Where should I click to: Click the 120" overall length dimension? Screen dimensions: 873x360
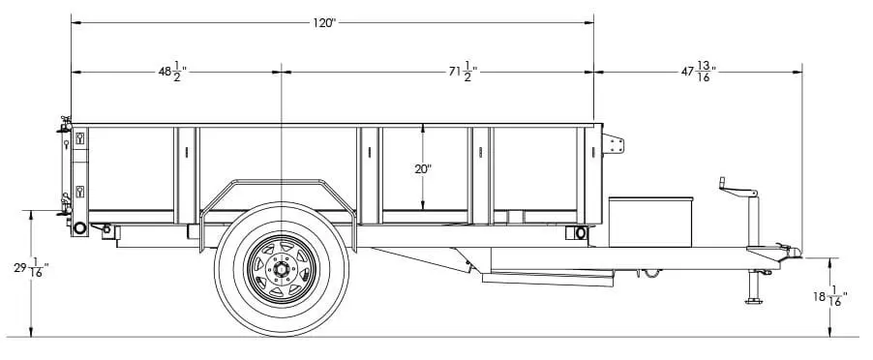pos(324,23)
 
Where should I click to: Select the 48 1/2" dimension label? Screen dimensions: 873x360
pos(172,72)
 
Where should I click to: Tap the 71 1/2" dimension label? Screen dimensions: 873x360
pos(464,72)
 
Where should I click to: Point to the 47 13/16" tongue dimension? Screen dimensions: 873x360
pos(699,72)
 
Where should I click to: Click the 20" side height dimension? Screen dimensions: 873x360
pos(423,168)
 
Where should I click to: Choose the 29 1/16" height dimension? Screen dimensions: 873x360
pos(31,268)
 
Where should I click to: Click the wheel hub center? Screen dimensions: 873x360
pos(282,269)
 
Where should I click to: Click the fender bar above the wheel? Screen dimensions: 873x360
pos(278,181)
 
